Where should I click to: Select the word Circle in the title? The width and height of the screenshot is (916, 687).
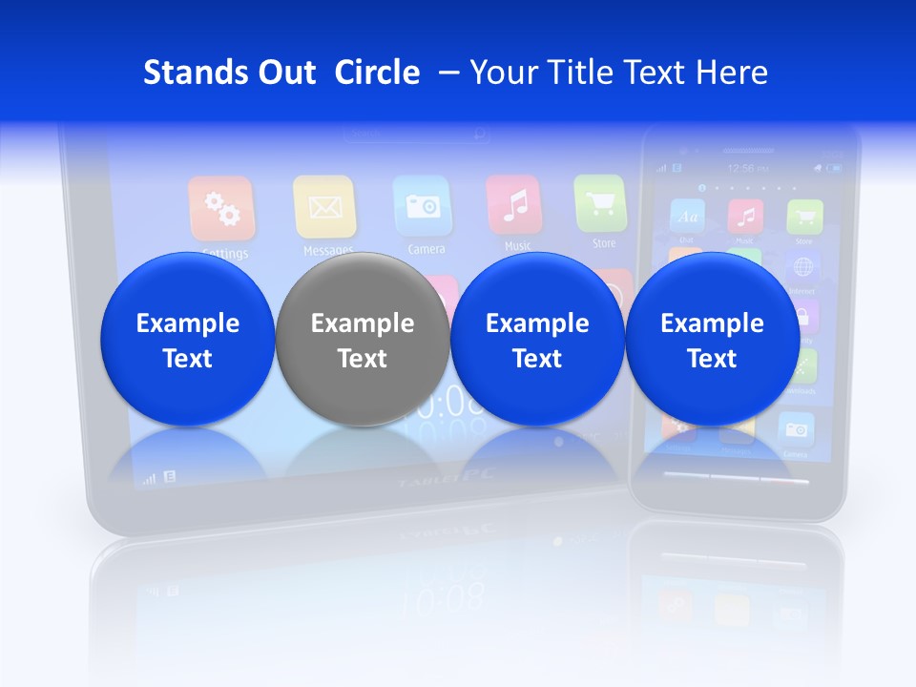[x=377, y=73]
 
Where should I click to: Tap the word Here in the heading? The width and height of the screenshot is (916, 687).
[x=731, y=73]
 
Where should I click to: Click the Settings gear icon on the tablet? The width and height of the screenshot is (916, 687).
[x=221, y=208]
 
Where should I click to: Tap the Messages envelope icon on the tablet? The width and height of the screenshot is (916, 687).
[x=324, y=206]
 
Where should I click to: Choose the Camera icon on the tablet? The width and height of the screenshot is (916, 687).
[x=422, y=205]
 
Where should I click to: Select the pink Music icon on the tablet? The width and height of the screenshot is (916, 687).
[x=514, y=203]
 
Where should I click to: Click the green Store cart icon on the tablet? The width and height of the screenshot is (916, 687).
[x=600, y=202]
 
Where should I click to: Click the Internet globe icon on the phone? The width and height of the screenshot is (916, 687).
[x=803, y=266]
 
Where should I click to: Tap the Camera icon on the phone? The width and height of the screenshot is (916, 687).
[x=795, y=430]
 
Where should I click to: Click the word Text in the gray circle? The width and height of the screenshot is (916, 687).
[x=362, y=359]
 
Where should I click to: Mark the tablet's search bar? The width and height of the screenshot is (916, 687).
[x=417, y=135]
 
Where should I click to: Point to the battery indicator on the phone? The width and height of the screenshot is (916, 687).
[x=835, y=169]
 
